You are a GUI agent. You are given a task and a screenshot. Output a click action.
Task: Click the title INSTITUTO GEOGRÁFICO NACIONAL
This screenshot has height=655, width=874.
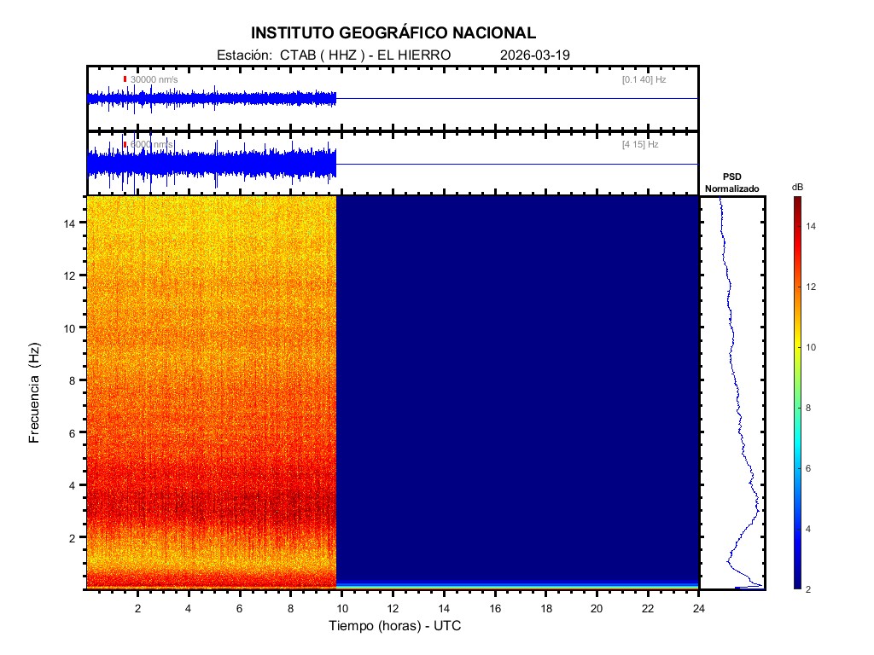393,33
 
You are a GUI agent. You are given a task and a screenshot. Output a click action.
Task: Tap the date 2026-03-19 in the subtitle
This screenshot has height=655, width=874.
534,55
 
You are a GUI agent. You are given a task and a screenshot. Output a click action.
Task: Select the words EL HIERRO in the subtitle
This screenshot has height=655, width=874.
407,55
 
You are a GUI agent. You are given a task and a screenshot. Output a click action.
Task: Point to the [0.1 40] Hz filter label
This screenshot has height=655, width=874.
644,79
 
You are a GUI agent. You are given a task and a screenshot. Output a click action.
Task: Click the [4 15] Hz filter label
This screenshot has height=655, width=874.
640,145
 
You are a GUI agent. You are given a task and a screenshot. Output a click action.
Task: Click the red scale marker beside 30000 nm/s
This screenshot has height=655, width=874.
125,79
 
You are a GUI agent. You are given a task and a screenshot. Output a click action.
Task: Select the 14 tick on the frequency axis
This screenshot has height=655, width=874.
73,223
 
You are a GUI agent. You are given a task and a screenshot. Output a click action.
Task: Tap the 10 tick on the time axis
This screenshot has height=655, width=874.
341,607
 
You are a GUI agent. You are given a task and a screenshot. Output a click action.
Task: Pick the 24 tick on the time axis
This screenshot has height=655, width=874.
699,607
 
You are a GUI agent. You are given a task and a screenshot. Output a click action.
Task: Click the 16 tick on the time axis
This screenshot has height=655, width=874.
495,607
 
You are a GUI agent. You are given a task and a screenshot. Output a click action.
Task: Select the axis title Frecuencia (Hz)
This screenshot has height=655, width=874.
35,393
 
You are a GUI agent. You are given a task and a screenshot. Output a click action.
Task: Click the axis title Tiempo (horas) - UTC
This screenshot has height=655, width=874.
395,626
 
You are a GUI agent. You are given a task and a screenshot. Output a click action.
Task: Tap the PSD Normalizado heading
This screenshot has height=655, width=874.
731,183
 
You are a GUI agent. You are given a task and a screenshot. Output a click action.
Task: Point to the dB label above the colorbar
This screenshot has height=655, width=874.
797,187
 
